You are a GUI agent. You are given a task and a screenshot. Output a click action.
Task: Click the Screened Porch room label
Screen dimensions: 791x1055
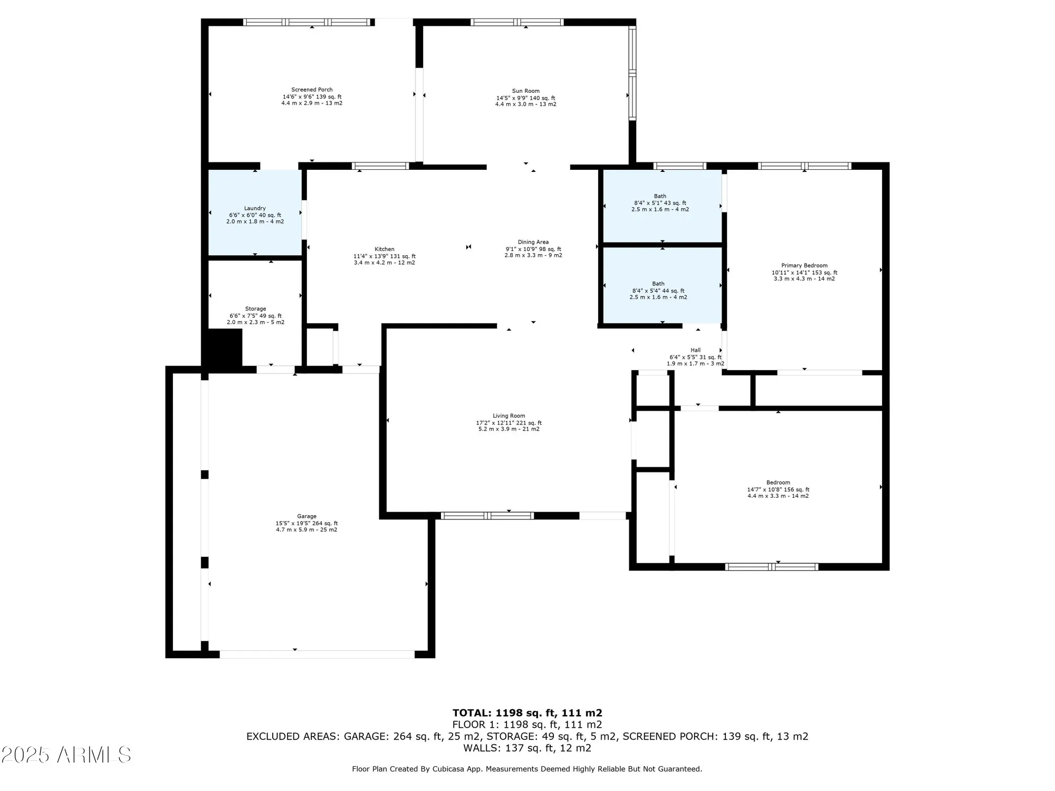pos(312,90)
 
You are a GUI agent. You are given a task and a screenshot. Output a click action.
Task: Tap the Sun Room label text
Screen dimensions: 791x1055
pos(525,91)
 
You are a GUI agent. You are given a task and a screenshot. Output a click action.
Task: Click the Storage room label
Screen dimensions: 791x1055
pos(255,309)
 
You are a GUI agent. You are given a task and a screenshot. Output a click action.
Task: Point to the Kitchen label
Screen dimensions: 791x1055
pos(384,249)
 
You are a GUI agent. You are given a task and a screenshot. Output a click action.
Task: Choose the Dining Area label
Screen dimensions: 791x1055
pos(533,243)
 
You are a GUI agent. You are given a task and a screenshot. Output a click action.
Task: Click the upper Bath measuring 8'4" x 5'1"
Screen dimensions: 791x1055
pos(660,202)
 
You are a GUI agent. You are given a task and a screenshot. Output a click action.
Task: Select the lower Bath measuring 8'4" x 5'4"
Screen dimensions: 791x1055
pos(658,290)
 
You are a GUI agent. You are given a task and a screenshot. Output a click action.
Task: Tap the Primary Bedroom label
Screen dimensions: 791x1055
pos(804,266)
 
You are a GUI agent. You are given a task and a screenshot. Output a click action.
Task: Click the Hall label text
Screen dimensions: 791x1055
pos(695,350)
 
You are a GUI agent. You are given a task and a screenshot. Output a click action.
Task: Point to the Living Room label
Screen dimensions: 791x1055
pos(509,416)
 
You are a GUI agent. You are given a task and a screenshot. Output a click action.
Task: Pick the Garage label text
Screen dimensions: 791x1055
pos(306,516)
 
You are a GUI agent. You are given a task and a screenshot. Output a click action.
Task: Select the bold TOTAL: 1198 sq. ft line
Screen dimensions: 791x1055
pos(527,713)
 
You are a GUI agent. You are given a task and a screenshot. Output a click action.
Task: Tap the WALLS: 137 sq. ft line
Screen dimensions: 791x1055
pos(527,748)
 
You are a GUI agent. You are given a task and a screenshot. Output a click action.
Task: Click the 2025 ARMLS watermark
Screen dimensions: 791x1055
pos(66,755)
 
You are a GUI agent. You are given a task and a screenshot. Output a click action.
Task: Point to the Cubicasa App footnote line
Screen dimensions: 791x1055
pos(527,769)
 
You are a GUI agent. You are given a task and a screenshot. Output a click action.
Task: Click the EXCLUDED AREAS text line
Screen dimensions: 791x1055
pos(527,736)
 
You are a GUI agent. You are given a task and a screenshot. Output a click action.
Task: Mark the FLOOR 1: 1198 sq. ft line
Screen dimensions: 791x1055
pos(527,725)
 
